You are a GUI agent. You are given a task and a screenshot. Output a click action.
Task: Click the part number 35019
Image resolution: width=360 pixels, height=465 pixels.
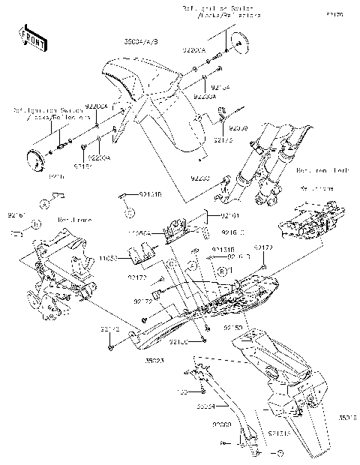pyautogui.click(x=346, y=418)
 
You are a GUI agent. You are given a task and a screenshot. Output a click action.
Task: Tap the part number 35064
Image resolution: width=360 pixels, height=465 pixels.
pyautogui.click(x=207, y=406)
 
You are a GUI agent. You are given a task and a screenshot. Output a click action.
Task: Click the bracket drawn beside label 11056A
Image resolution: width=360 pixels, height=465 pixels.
pyautogui.click(x=178, y=228)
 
